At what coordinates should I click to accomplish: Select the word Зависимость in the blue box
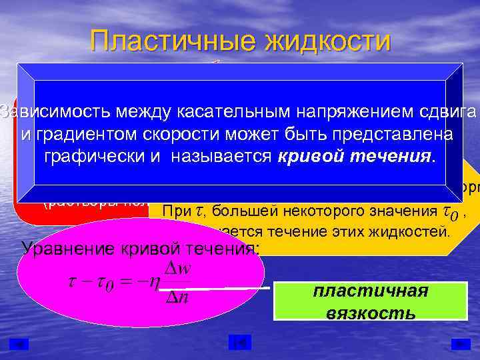point(54,110)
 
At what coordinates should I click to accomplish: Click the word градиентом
point(86,134)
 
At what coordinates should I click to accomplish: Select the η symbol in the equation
point(155,283)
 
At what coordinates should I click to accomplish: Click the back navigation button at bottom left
point(19,343)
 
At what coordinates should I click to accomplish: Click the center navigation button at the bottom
point(239,343)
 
